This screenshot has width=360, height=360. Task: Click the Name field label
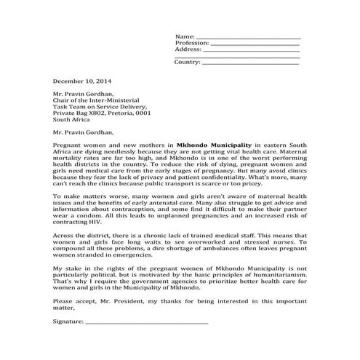(185, 36)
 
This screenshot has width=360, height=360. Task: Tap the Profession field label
(192, 43)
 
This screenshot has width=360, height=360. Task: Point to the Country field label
(187, 63)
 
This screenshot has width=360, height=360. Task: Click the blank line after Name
(249, 37)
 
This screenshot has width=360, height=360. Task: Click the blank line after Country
(249, 63)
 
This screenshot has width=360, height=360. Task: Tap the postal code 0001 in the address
(143, 113)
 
